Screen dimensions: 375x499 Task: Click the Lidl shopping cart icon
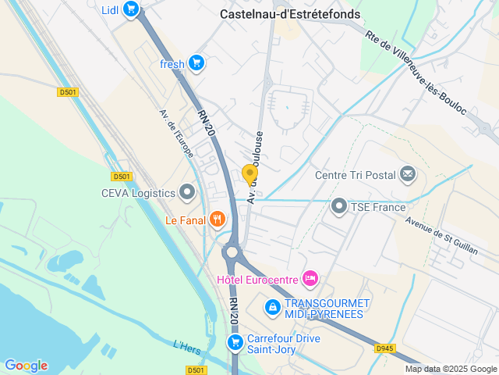tap(131, 9)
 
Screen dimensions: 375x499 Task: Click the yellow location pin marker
tap(249, 174)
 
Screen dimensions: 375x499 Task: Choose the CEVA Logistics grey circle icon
tap(187, 191)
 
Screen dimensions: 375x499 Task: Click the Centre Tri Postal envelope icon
tap(408, 174)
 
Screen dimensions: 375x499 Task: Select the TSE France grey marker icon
tap(338, 207)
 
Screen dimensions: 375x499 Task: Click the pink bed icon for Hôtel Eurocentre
tap(310, 278)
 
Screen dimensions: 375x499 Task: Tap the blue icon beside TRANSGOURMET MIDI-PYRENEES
tap(271, 308)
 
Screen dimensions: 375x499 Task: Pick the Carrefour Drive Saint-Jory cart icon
tap(235, 342)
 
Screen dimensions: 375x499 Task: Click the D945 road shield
tap(384, 348)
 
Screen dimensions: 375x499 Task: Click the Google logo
tap(26, 366)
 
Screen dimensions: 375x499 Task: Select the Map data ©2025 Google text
tap(450, 369)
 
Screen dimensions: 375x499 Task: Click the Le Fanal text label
tap(185, 220)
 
